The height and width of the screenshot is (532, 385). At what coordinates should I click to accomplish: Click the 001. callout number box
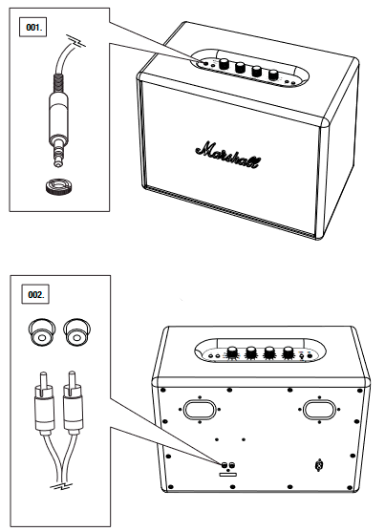[34, 27]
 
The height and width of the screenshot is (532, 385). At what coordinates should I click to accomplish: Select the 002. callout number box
[34, 289]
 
